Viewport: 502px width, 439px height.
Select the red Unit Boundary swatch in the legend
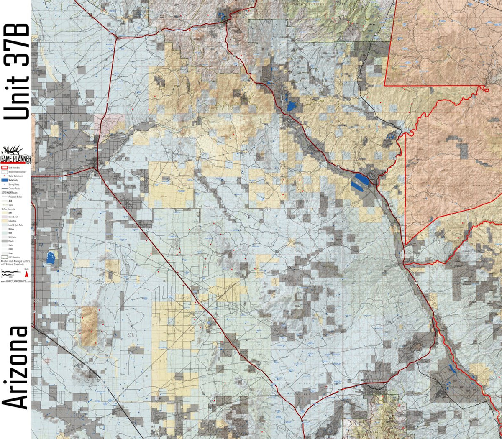tap(5, 168)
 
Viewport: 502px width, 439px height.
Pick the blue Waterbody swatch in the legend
tap(5, 180)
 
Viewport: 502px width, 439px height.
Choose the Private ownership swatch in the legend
tap(5, 241)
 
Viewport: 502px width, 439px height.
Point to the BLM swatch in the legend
tap(5, 213)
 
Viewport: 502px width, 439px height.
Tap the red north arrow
tap(27, 274)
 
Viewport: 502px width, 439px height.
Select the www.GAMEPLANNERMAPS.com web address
tap(15, 281)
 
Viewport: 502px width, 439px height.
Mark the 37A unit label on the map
tap(131, 335)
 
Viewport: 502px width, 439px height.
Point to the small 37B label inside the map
tap(268, 209)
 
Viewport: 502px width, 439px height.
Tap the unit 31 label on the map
tap(439, 242)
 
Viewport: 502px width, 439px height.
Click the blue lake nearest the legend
tap(51, 258)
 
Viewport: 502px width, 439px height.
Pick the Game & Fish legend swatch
tap(5, 217)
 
